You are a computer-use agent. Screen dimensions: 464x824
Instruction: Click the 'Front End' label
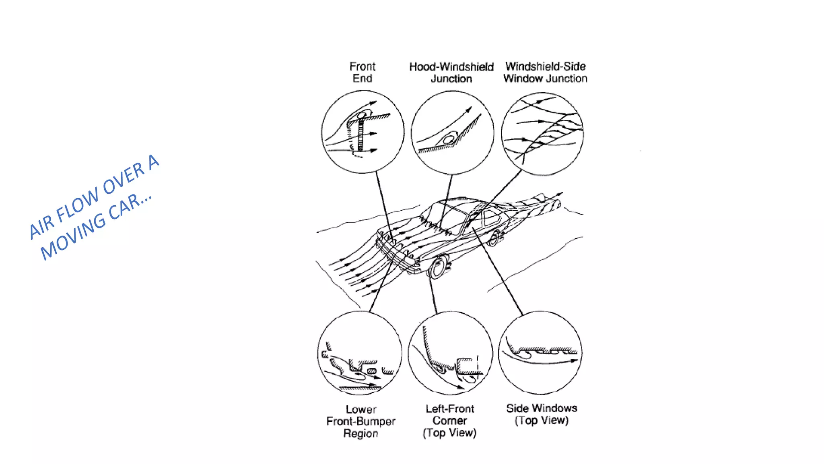362,72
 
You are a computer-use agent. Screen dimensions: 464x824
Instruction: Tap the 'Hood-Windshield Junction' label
451,72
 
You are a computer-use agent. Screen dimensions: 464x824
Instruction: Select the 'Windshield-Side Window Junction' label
545,72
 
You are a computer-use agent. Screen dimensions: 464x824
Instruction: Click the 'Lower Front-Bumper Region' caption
361,421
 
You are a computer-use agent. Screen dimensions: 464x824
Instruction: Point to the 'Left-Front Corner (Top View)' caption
450,420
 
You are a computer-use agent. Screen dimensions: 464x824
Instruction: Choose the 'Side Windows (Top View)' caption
542,414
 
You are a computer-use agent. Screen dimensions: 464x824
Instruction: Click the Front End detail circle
363,132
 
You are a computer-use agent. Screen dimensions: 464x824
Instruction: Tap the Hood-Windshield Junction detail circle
452,133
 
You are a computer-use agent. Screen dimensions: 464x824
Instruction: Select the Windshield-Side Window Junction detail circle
542,134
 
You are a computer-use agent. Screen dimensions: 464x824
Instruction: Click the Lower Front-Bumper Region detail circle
360,353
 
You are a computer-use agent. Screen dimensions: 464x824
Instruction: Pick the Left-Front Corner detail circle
450,353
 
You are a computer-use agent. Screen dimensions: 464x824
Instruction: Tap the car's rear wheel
494,238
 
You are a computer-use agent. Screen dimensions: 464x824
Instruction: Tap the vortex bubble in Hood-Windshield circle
448,140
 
